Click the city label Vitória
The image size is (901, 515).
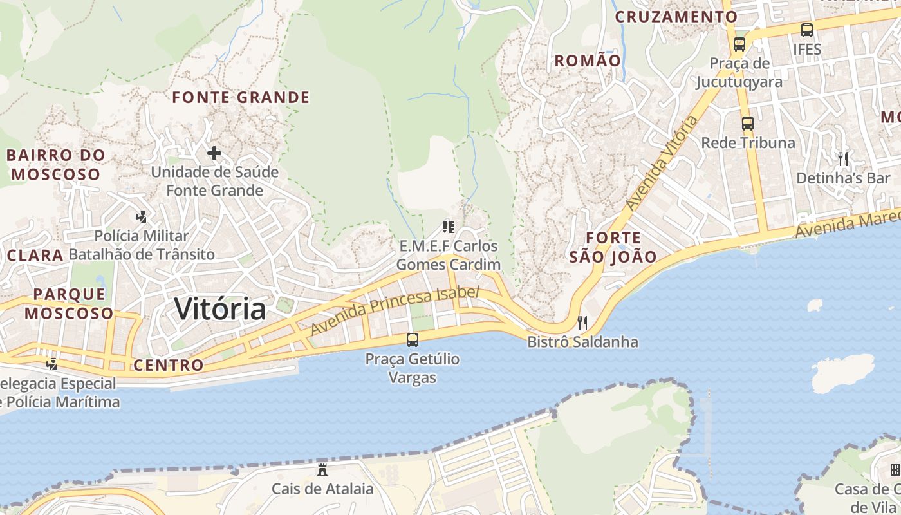(x=220, y=309)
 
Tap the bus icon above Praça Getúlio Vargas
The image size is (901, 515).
(x=413, y=339)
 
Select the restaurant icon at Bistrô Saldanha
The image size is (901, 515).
(x=582, y=323)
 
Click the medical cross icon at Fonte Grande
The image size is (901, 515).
(x=214, y=153)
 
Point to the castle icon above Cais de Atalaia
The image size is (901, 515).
(x=322, y=470)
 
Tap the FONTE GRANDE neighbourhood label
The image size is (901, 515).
(x=241, y=98)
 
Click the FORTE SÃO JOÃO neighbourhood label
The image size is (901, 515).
(x=613, y=247)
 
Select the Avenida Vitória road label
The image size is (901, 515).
(x=662, y=164)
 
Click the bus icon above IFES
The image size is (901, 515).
(x=807, y=30)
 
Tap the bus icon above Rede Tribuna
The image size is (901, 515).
(x=747, y=124)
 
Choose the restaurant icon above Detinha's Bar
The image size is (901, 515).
(x=843, y=158)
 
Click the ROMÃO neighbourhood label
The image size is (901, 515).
(x=588, y=61)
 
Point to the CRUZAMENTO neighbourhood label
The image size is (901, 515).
(x=676, y=17)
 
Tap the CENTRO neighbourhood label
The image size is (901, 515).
(x=169, y=366)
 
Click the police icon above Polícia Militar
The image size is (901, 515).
(x=141, y=217)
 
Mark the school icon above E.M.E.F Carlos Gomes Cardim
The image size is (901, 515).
(x=449, y=227)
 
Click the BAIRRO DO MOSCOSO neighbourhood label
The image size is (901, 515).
(x=56, y=165)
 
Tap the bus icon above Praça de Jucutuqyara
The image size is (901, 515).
(x=739, y=44)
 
